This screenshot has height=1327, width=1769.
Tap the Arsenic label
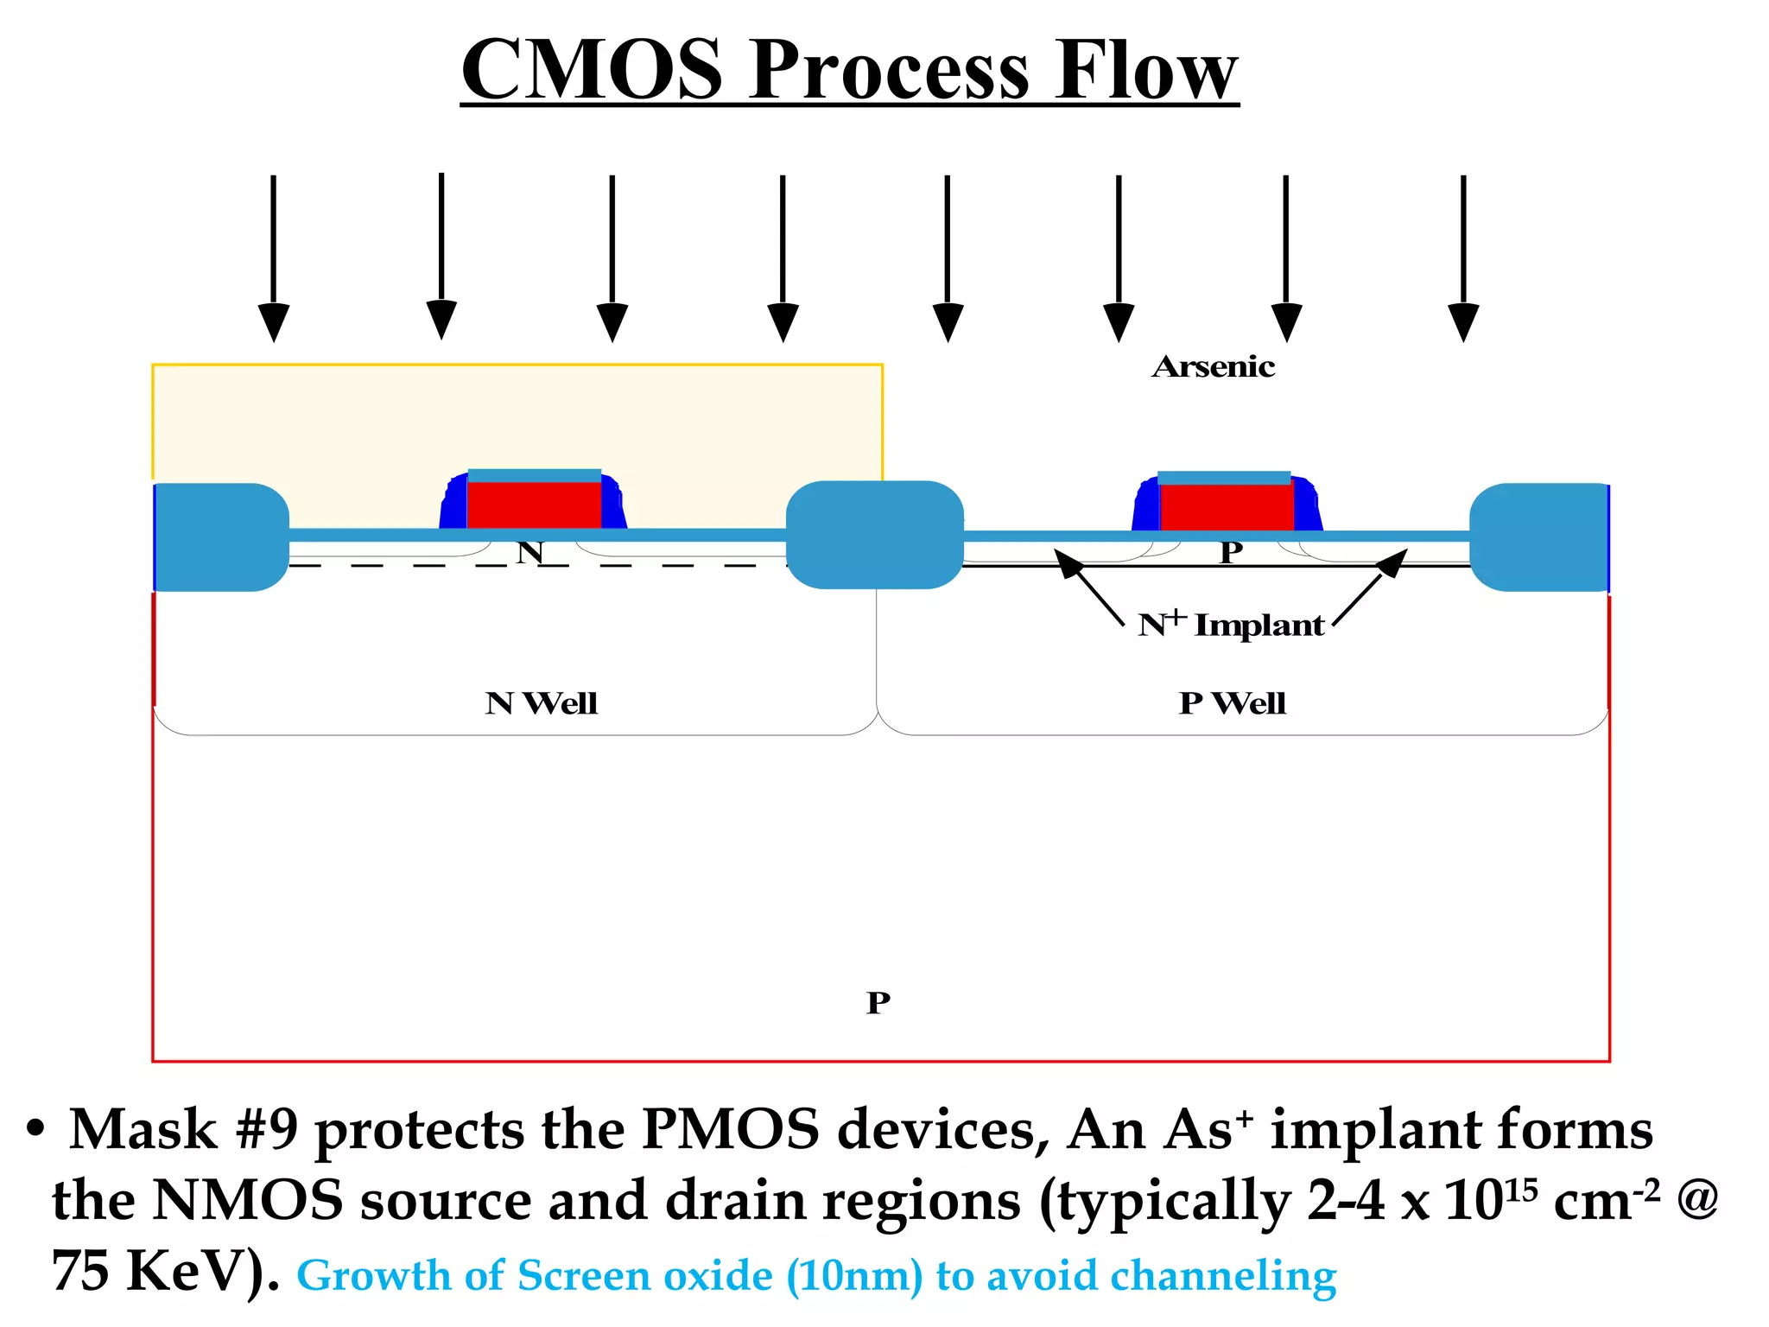tap(1213, 367)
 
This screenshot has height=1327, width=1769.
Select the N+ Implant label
tap(1231, 625)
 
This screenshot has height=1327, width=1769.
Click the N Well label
tap(541, 703)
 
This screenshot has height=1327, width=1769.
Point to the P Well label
tap(1232, 703)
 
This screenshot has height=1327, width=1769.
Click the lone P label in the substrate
tap(878, 1003)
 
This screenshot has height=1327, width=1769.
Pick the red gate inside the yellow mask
tap(534, 505)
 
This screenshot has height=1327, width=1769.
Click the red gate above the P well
tap(1227, 506)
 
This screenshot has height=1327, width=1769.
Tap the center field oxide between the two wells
tap(874, 535)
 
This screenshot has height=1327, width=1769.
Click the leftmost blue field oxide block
tap(221, 537)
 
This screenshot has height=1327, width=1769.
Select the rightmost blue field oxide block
tap(1538, 537)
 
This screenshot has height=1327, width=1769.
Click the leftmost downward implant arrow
tap(274, 259)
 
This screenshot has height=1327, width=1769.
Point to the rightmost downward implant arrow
tap(1463, 259)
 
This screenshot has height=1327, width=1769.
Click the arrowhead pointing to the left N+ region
tap(1068, 562)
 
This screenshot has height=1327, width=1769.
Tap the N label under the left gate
tap(530, 552)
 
